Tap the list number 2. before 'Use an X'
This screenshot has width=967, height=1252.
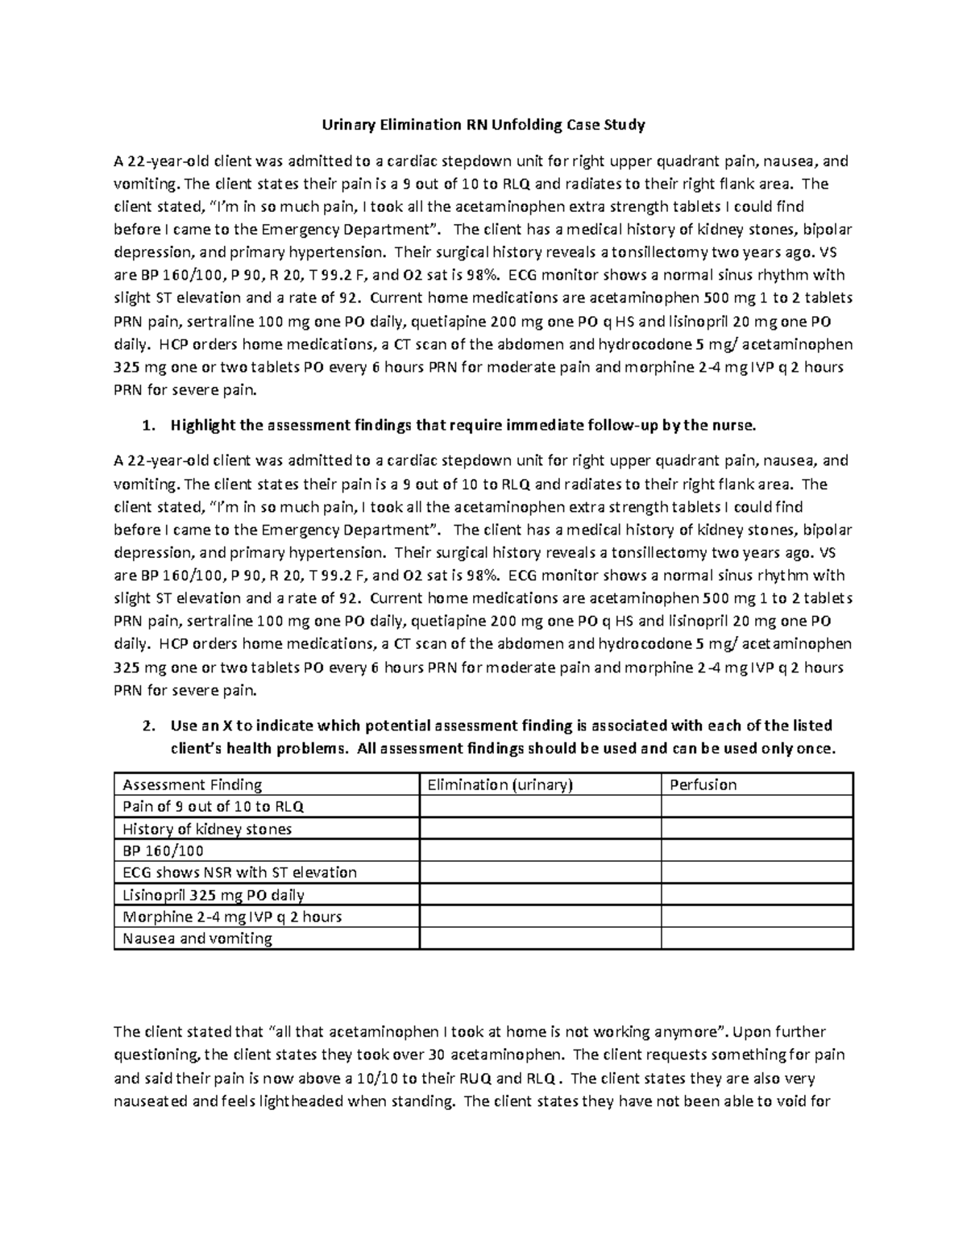pos(147,725)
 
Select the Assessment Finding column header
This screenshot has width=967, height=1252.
pos(192,784)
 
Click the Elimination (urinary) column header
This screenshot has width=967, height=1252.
pos(500,784)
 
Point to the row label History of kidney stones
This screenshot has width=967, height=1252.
pos(206,829)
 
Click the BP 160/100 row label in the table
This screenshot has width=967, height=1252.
pos(163,851)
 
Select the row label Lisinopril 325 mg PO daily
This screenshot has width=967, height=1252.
pos(213,895)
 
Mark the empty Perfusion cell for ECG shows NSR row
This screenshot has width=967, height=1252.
pos(756,872)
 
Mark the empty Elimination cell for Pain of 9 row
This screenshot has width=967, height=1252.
pos(540,807)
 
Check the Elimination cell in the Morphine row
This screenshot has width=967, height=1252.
pos(540,917)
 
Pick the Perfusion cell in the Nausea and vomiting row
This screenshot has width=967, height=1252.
pos(756,938)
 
